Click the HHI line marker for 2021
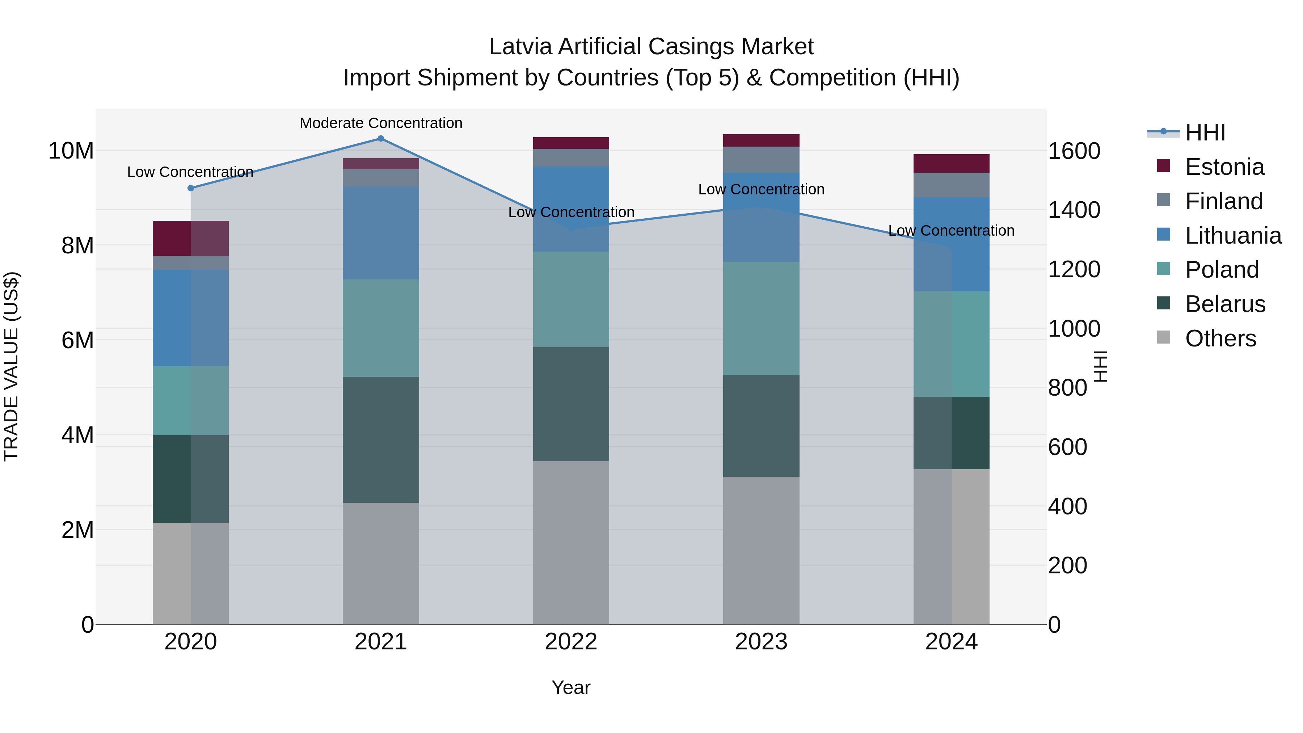(x=381, y=139)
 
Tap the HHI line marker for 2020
(x=191, y=188)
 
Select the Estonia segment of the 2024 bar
(x=951, y=163)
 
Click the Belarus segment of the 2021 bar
(x=381, y=439)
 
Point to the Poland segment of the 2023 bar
(x=761, y=318)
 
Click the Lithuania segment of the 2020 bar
(x=191, y=318)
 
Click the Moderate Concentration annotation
(x=381, y=123)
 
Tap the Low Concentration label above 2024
(x=951, y=231)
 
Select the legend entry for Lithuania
(x=1233, y=236)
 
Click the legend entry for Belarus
(x=1224, y=304)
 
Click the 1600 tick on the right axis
(x=1074, y=151)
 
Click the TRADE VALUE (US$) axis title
(x=11, y=366)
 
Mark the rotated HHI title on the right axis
(x=1101, y=366)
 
